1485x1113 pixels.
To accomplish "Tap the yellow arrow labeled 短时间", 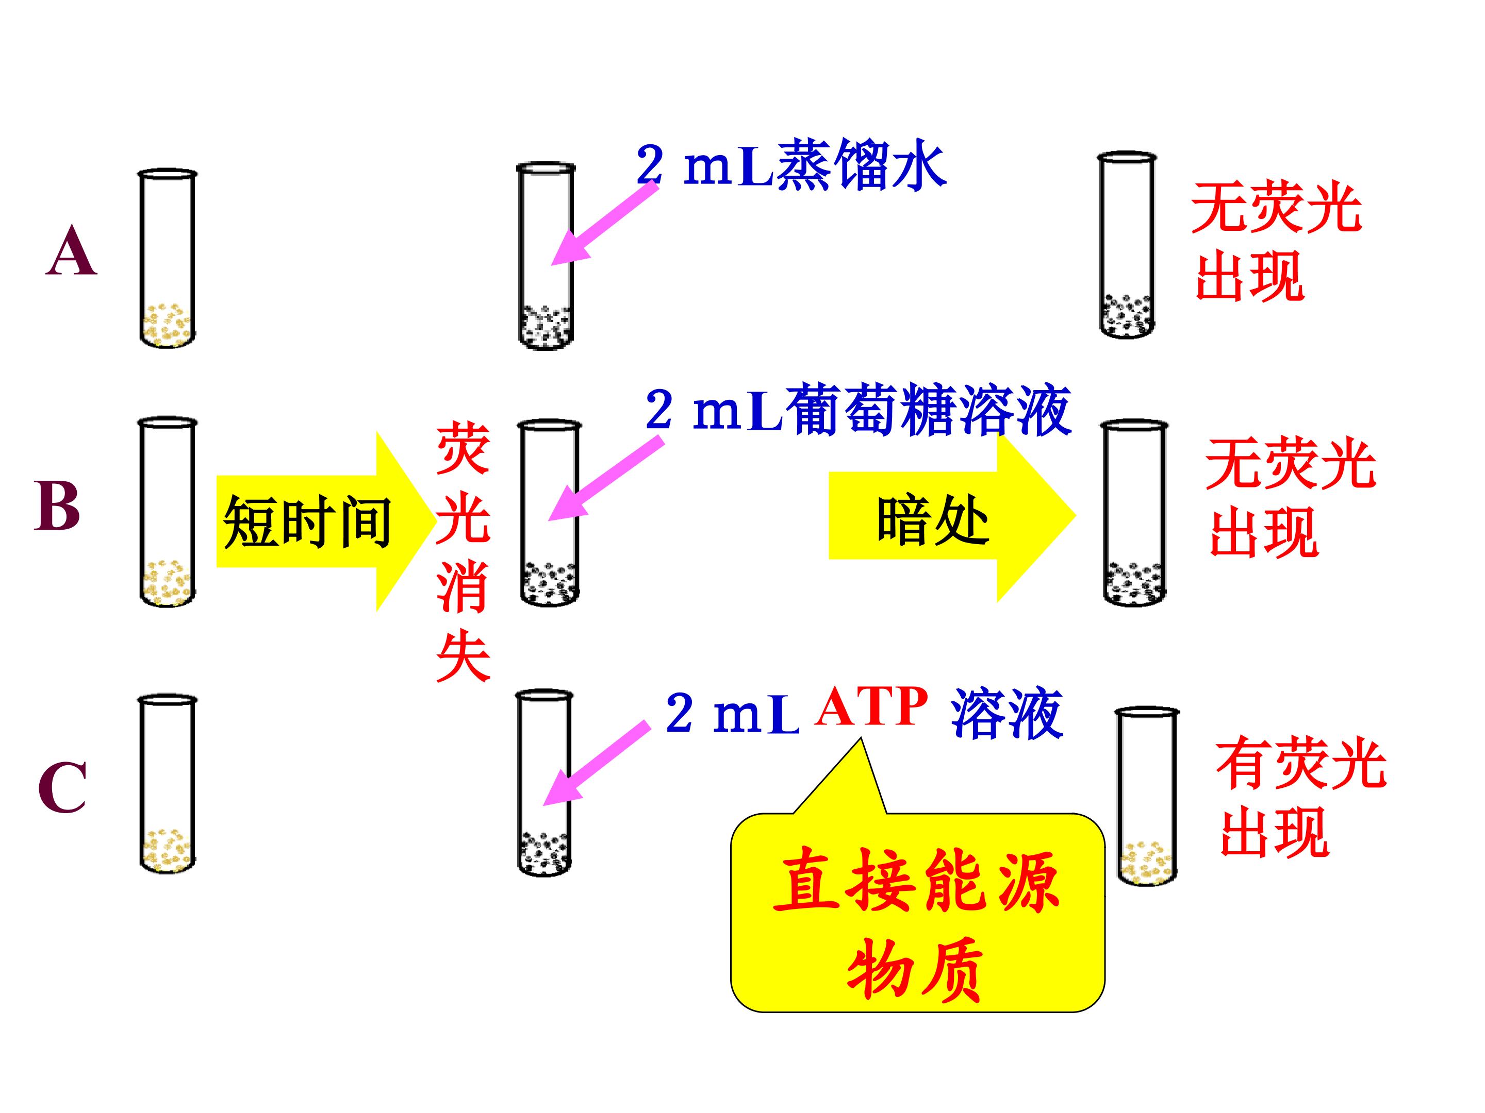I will click(316, 521).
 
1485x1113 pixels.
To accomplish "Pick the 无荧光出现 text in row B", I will click(1289, 498).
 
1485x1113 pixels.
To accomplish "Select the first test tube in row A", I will click(167, 258).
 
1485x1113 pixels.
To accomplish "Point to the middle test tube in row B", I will click(550, 513).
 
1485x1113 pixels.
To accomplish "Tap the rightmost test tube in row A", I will click(1127, 244).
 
